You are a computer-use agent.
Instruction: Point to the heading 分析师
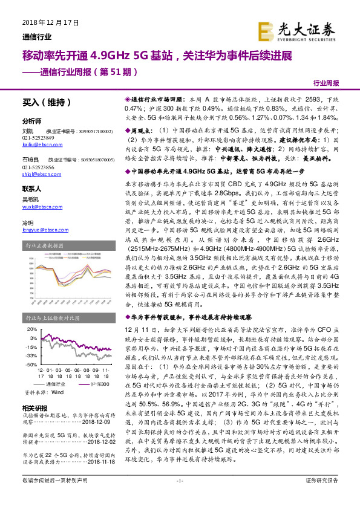tap(32, 120)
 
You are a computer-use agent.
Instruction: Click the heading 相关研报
tap(33, 408)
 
